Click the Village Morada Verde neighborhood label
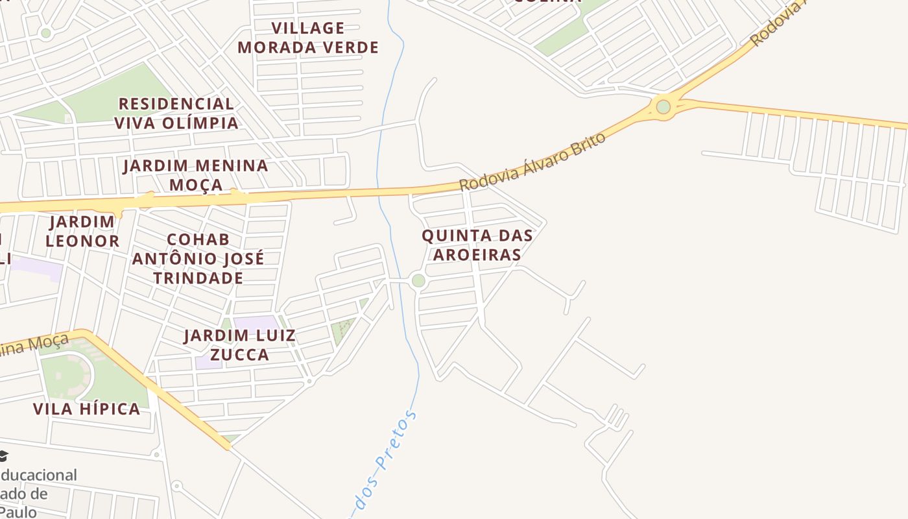(308, 38)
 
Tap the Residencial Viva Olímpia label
(176, 113)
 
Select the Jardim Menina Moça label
(196, 175)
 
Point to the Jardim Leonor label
(82, 232)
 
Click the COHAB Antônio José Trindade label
(198, 259)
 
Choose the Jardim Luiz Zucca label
(239, 344)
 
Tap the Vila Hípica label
(87, 409)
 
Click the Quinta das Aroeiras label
(477, 245)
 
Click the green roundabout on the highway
(663, 106)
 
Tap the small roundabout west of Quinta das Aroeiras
(418, 281)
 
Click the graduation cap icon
(3, 456)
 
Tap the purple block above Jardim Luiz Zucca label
(256, 322)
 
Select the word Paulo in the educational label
(18, 511)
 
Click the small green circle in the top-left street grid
(45, 33)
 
